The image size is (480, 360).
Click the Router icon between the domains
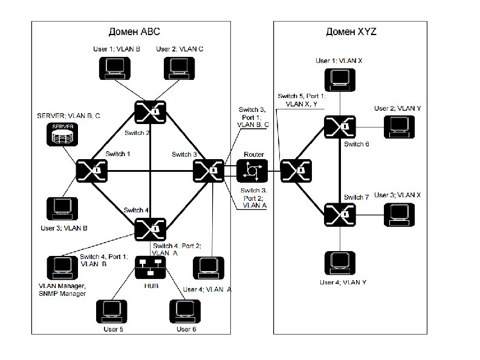click(x=251, y=171)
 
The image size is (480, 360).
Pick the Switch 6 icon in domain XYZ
click(x=338, y=127)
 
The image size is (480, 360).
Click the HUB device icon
click(x=149, y=266)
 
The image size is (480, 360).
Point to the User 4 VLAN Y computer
click(x=339, y=262)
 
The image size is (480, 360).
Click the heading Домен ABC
click(x=134, y=31)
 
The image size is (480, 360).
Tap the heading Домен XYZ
click(x=351, y=31)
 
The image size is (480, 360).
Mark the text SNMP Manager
click(x=62, y=293)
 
